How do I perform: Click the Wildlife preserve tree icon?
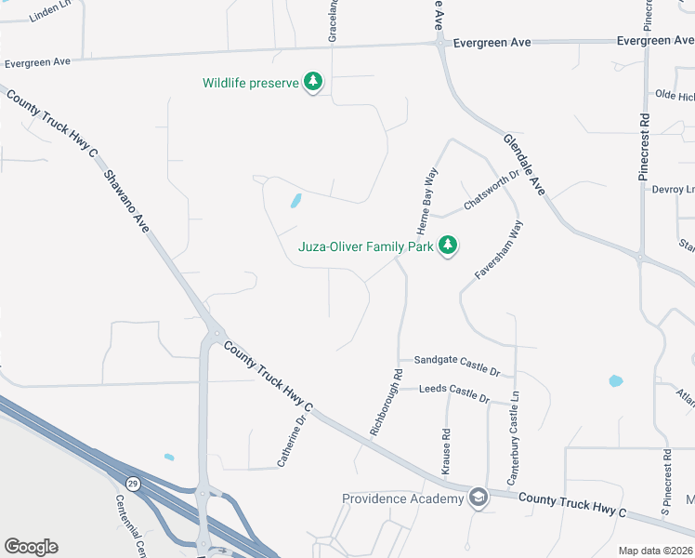[x=314, y=83]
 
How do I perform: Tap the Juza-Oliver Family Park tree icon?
[x=449, y=246]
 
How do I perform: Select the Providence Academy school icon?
[x=479, y=498]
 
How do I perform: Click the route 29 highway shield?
[x=133, y=484]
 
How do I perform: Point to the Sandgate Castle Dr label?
[x=457, y=365]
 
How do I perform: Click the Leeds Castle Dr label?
[x=454, y=392]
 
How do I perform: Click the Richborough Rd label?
[x=387, y=405]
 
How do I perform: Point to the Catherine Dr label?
[x=291, y=441]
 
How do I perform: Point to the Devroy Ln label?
[x=673, y=189]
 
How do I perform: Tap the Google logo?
[x=31, y=547]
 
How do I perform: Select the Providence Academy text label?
[x=402, y=498]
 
